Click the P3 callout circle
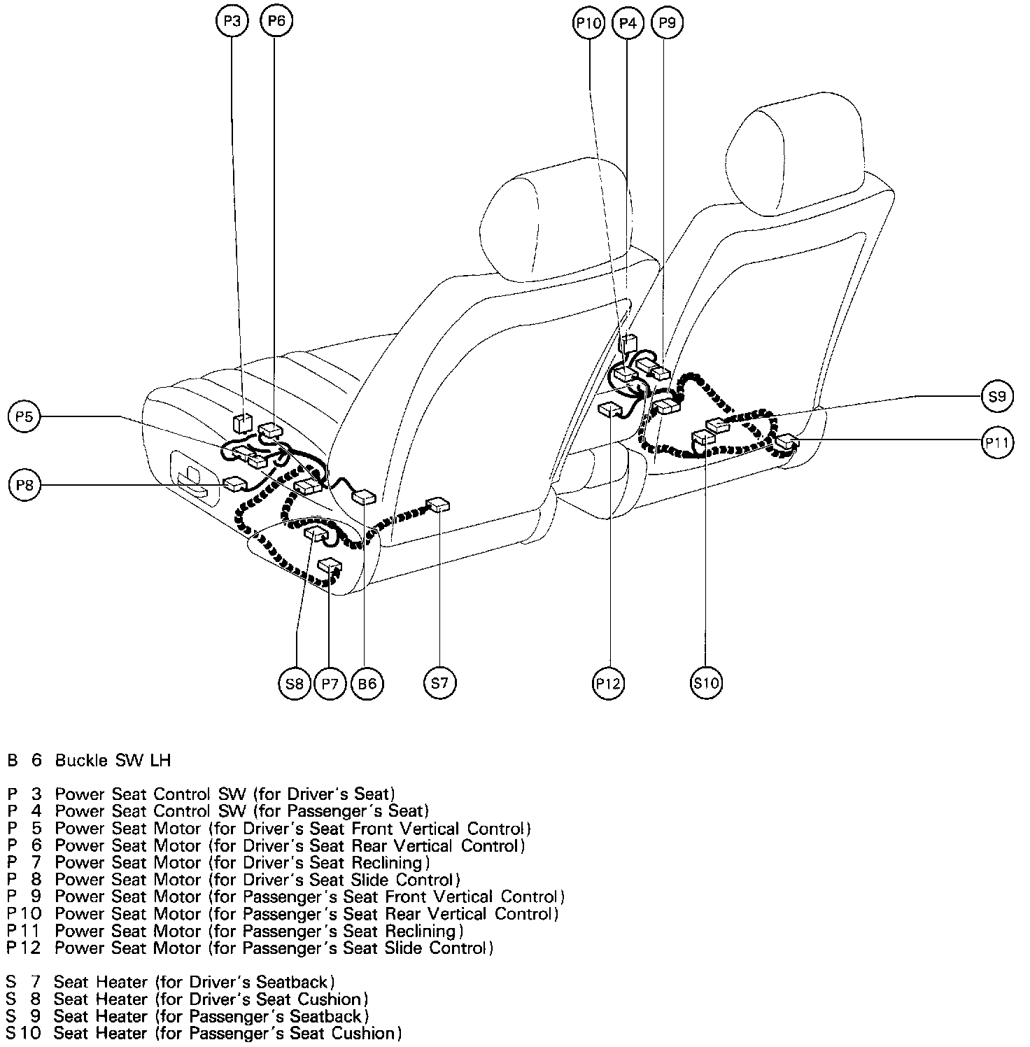232,21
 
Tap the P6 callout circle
276,21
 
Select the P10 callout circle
588,23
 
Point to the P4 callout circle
628,23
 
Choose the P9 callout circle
667,23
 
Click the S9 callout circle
997,397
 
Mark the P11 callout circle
997,442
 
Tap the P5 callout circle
24,417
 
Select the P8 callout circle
25,486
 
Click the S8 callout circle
295,683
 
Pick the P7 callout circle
330,683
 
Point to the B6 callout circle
367,683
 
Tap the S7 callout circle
439,682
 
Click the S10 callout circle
706,682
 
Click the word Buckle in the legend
82,760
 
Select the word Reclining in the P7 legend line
392,863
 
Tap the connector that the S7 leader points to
439,504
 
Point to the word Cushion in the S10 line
363,1033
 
